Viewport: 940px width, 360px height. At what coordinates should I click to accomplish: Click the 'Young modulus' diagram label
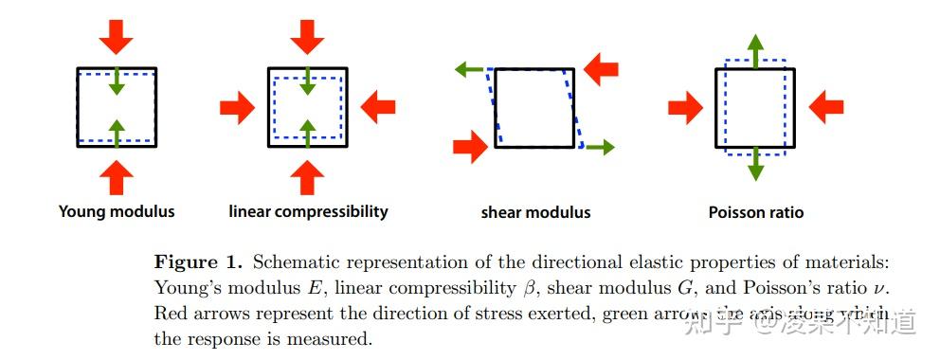[x=117, y=211]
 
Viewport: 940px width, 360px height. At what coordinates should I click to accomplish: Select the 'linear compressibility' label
[x=308, y=211]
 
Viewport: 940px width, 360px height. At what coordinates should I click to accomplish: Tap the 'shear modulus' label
[x=535, y=212]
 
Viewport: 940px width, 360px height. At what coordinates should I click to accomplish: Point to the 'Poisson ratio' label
[x=755, y=212]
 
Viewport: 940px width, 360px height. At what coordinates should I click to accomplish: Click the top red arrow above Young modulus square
[x=117, y=37]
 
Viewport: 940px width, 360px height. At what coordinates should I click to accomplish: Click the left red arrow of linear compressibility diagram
[x=237, y=109]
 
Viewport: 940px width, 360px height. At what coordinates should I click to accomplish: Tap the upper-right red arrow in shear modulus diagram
[x=601, y=68]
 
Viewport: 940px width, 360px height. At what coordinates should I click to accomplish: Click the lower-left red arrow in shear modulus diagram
[x=469, y=147]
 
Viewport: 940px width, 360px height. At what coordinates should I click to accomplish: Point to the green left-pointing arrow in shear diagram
[x=469, y=69]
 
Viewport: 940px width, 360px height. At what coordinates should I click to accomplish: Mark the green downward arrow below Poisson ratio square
[x=755, y=165]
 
